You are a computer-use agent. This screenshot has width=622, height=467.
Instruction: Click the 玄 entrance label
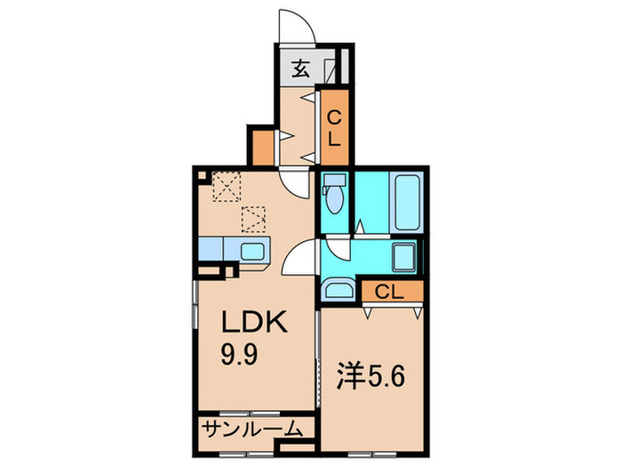pos(301,68)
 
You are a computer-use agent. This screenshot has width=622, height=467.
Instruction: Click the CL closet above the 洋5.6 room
pos(390,291)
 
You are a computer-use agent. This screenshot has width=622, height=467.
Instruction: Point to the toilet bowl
pos(334,196)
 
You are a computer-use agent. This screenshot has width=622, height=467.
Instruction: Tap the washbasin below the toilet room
pos(337,287)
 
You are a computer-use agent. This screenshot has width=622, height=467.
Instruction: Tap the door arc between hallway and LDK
pos(293,181)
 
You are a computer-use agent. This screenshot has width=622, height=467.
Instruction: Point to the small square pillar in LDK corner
pos(203,177)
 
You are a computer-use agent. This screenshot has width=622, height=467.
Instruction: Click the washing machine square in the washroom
pos(405,257)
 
